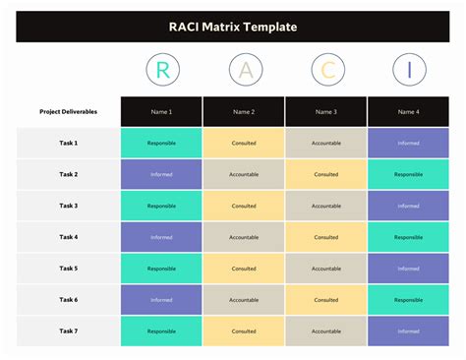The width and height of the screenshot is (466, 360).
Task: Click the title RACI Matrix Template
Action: (233, 27)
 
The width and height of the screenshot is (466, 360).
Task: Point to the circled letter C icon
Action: (326, 70)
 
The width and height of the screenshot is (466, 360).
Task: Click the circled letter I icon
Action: (409, 70)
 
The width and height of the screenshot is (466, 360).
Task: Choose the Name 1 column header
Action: (161, 111)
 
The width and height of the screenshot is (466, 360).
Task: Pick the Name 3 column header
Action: (326, 111)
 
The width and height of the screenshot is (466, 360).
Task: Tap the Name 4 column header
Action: (409, 111)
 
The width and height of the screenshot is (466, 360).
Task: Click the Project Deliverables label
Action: (68, 111)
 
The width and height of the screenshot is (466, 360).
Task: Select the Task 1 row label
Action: (68, 144)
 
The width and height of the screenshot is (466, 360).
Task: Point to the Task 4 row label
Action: (68, 237)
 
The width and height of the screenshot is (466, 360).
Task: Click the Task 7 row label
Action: (68, 331)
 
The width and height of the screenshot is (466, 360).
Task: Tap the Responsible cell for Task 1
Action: (161, 144)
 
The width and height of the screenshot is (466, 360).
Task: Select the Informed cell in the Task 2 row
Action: (161, 175)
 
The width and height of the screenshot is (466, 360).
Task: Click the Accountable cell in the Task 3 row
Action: (326, 207)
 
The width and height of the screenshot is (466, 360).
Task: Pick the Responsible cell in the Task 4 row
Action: (409, 237)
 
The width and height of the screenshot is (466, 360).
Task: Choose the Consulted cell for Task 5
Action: (244, 269)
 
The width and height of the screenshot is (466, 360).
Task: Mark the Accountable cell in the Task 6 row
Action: (244, 300)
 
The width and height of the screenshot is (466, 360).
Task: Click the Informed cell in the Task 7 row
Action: (409, 331)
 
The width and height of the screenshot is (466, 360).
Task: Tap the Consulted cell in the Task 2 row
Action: (326, 175)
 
